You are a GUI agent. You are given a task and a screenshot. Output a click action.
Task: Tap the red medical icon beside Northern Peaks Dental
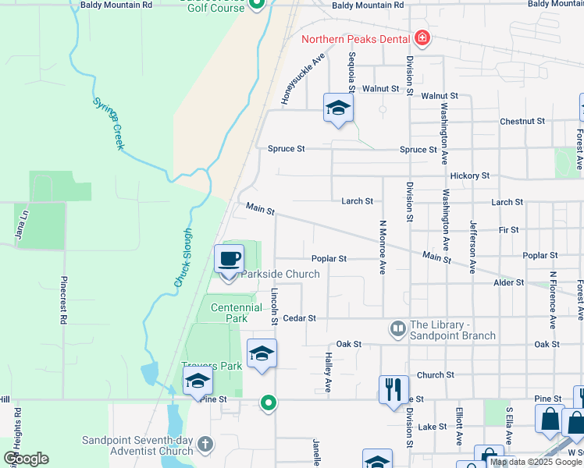422,37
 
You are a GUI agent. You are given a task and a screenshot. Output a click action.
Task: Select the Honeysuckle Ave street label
303,80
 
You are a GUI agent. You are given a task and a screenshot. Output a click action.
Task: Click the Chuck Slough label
183,257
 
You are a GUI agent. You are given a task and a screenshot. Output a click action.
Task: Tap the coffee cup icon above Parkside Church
229,259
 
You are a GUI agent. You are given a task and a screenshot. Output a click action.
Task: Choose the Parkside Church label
280,275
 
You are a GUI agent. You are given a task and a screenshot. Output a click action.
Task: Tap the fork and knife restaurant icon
393,388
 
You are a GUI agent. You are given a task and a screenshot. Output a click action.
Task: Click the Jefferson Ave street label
472,246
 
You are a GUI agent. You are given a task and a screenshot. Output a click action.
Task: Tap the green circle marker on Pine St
268,402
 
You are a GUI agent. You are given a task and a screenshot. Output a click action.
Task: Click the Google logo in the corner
27,459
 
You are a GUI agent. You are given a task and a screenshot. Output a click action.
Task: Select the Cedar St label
299,318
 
